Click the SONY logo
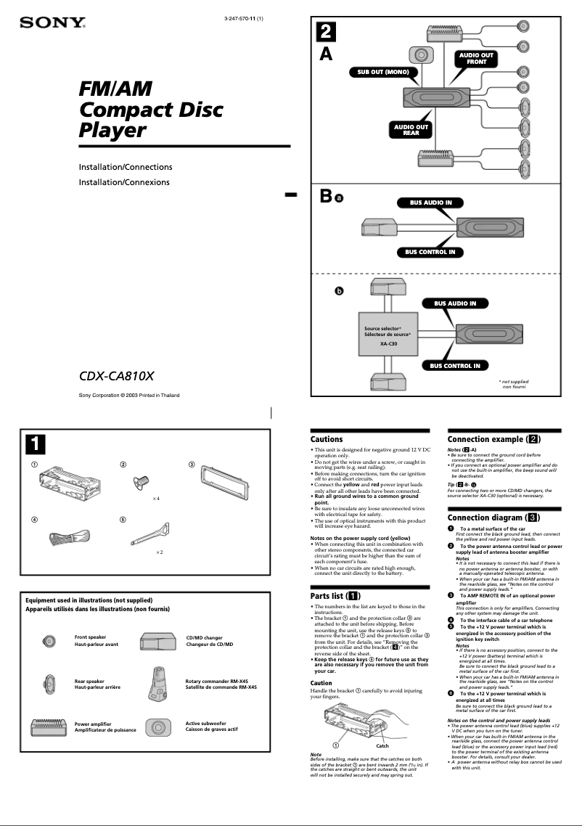point(52,23)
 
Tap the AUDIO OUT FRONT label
point(476,59)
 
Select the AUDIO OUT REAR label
point(411,130)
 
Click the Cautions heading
point(327,439)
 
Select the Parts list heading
point(335,596)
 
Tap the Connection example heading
point(494,439)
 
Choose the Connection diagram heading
point(493,518)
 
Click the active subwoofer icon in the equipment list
point(157,727)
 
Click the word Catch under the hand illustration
point(382,745)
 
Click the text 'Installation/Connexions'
point(124,182)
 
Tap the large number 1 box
point(35,441)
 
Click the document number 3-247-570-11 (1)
point(244,18)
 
